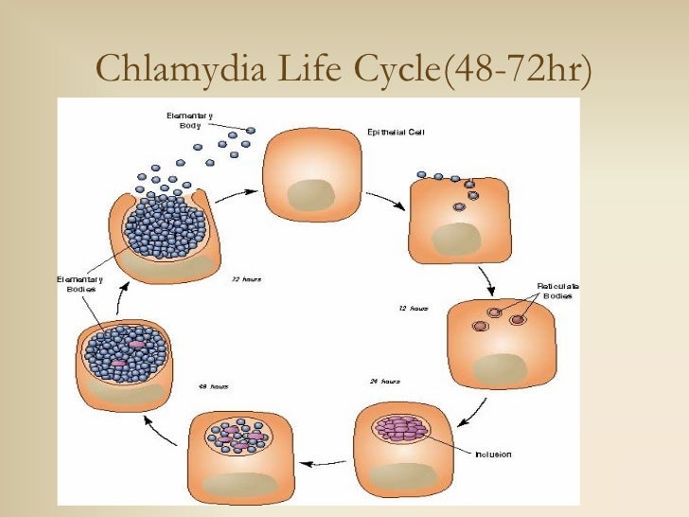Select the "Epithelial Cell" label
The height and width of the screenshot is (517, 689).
pyautogui.click(x=395, y=133)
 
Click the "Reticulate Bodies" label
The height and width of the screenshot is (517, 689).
pyautogui.click(x=558, y=291)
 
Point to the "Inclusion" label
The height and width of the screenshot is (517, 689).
pyautogui.click(x=493, y=455)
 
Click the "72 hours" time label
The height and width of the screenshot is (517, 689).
pyautogui.click(x=246, y=279)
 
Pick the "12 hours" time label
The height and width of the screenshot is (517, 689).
pyautogui.click(x=414, y=309)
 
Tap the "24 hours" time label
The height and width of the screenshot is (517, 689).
pyautogui.click(x=384, y=382)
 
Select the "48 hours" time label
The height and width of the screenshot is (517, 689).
pyautogui.click(x=213, y=386)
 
